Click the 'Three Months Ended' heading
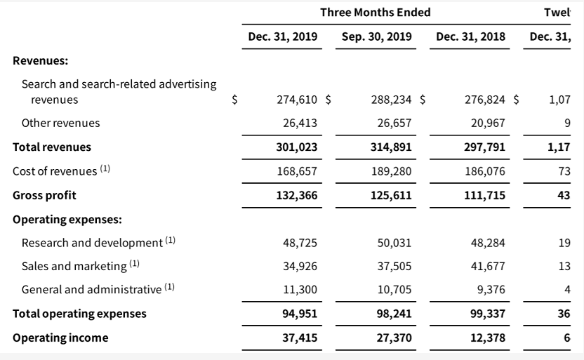pos(376,13)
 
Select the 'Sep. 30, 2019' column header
pos(376,36)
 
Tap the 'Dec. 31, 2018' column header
pos(470,36)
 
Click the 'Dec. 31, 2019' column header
pos(282,36)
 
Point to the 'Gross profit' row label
pos(44,195)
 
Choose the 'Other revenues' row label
pos(60,123)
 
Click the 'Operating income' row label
pos(60,338)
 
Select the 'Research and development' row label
pos(92,243)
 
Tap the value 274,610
pos(297,100)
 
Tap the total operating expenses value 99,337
pos(486,314)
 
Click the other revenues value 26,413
pos(299,123)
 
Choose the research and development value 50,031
pos(393,243)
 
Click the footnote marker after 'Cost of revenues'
pos(105,168)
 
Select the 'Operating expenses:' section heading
pos(67,219)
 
